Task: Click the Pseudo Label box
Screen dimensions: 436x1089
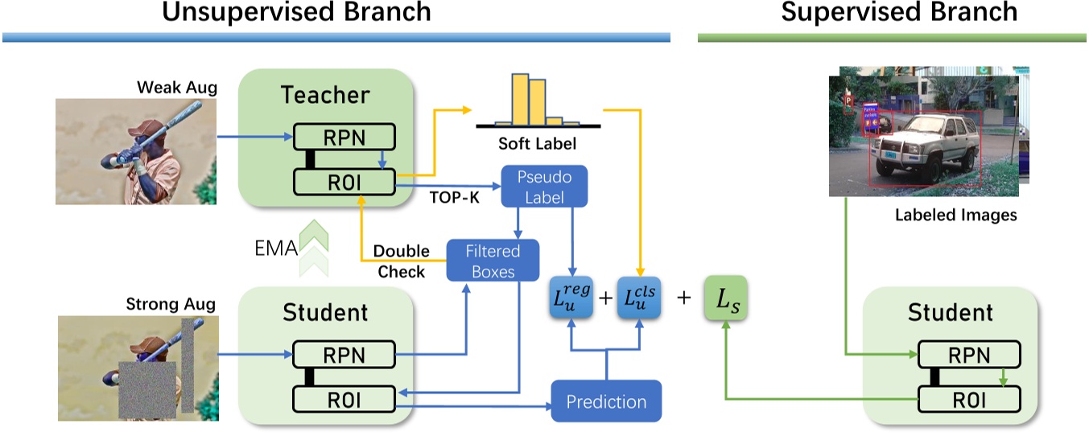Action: click(544, 187)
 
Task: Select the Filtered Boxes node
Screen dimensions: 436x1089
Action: click(493, 261)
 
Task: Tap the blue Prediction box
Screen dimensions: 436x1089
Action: click(606, 401)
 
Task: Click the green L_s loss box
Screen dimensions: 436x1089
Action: click(725, 298)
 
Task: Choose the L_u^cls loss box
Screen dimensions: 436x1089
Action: click(640, 297)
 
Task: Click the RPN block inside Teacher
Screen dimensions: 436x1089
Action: click(344, 137)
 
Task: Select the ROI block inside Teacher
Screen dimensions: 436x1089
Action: click(344, 182)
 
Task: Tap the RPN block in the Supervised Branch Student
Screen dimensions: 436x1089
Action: click(969, 354)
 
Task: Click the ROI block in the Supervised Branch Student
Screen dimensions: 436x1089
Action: click(969, 399)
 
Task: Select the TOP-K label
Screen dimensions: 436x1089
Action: click(456, 198)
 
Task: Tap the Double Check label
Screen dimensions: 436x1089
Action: click(401, 261)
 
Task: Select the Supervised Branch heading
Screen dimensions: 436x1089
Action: click(898, 13)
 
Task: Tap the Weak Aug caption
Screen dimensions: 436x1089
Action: click(177, 86)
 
